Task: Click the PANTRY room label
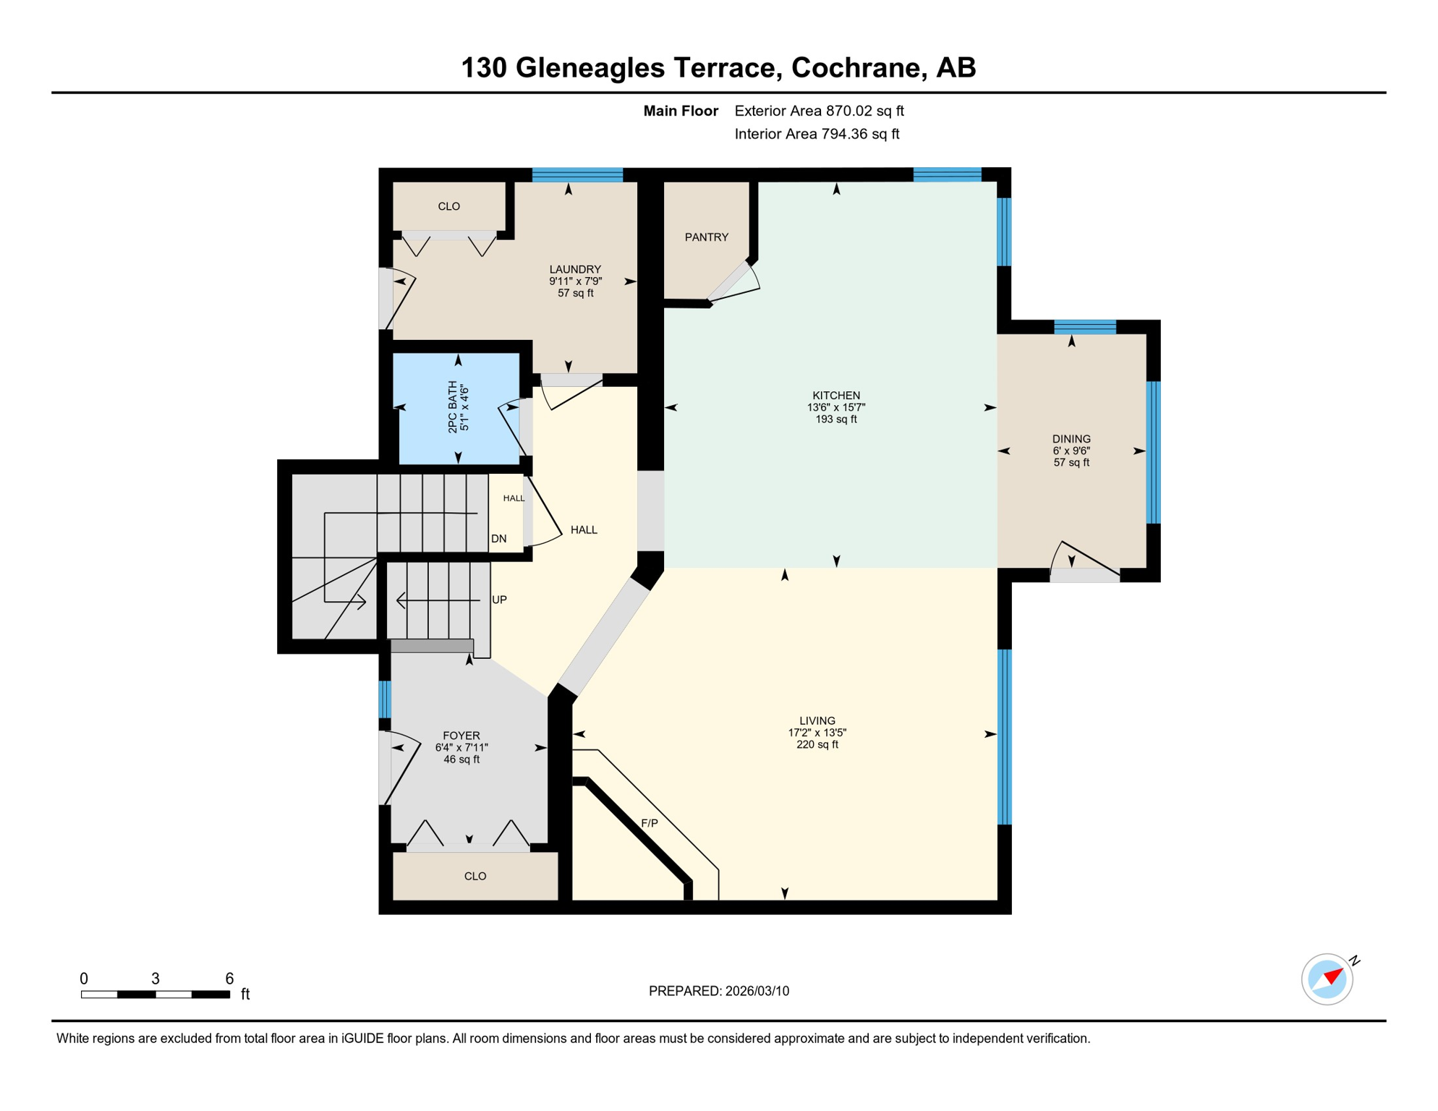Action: tap(706, 237)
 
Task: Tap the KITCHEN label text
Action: tap(836, 396)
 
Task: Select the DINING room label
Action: tap(1071, 439)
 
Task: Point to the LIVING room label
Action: tap(817, 720)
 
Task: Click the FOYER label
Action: tap(461, 736)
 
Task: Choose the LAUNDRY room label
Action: tap(575, 269)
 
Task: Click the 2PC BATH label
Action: tap(453, 407)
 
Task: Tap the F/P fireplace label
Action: tap(649, 823)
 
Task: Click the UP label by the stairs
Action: tap(499, 600)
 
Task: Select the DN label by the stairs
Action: tap(498, 539)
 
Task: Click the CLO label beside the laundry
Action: tap(448, 207)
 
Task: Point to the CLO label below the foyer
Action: tap(475, 877)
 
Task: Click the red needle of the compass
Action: tap(1335, 976)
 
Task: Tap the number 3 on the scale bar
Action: tap(156, 979)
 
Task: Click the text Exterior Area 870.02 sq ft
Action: tap(819, 111)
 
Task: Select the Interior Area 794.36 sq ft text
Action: tap(817, 134)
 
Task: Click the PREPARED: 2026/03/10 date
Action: tap(718, 991)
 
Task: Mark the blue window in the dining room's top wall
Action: tap(1084, 327)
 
